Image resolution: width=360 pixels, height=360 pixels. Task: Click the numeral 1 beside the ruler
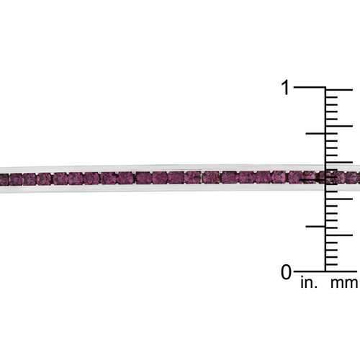pos(286,87)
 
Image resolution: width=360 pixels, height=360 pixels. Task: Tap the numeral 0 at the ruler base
pos(286,272)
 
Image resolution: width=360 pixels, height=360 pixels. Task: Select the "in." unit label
pos(309,283)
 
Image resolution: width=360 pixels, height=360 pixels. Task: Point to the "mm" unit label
pos(344,284)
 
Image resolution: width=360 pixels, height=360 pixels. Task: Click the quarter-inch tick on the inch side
pos(315,226)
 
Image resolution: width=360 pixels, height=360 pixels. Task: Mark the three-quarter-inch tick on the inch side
pos(315,133)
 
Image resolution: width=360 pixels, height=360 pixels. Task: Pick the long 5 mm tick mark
pos(339,235)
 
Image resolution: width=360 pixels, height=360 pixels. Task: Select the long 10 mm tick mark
pos(339,199)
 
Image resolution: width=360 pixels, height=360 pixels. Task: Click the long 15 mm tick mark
pos(339,163)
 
